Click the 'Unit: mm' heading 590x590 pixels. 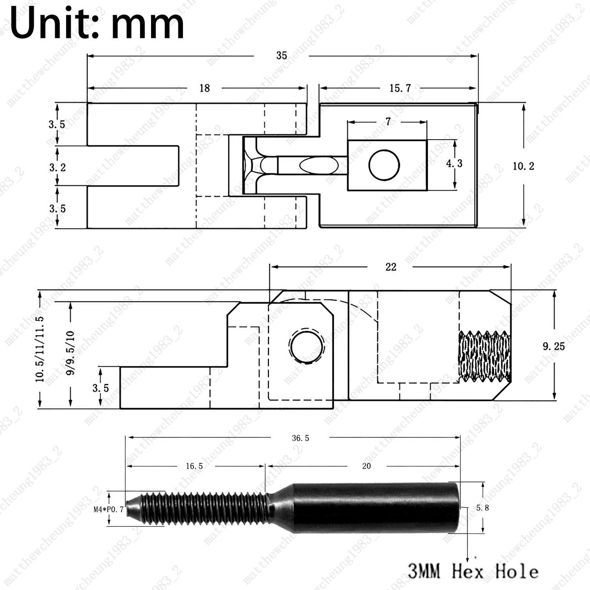97,24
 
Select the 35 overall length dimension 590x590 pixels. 281,56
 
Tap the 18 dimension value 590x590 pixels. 205,89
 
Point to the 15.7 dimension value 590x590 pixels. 400,89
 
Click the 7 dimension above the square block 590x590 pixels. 388,122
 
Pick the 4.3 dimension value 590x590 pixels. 454,163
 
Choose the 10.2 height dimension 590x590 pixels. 523,166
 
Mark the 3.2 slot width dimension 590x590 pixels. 57,167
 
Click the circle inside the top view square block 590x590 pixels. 384,165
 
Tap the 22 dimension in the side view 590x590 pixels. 391,267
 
